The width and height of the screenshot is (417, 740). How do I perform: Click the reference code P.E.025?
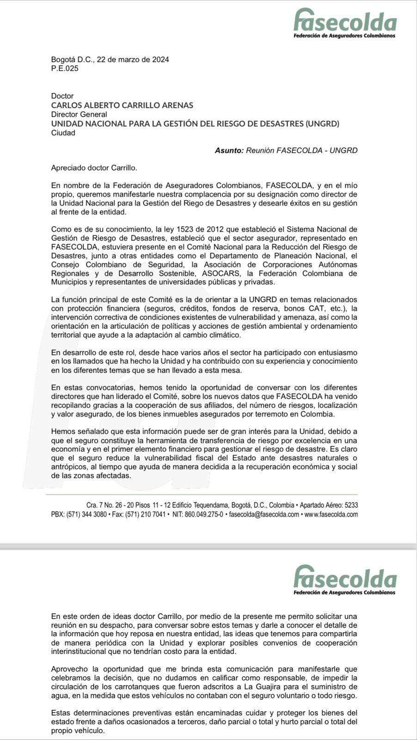point(65,68)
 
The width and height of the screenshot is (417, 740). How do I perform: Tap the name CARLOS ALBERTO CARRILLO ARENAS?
point(122,105)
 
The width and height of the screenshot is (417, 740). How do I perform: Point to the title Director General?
point(79,114)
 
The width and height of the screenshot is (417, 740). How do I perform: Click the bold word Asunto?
point(229,150)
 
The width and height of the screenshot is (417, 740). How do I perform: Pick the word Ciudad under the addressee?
point(63,133)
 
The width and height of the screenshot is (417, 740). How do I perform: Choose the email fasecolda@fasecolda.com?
point(264,514)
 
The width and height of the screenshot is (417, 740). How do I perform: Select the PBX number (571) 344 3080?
point(86,514)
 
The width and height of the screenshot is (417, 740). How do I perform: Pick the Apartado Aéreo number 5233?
point(351,505)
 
